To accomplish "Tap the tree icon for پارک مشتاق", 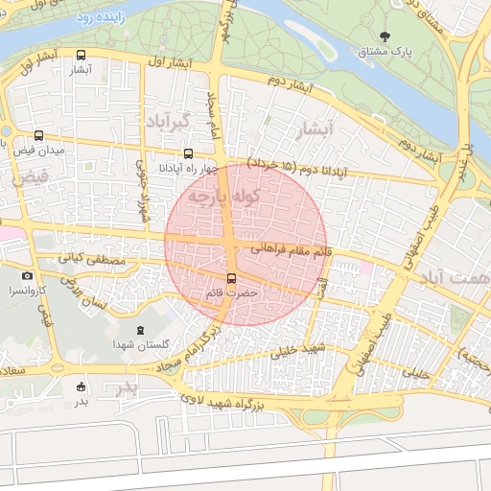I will pos(385,37).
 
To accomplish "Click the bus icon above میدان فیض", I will pos(38,136).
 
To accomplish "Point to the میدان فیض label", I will pos(38,152).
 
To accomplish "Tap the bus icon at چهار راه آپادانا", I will pos(188,153).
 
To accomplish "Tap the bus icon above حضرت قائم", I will pos(230,278).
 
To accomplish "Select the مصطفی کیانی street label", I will pos(92,259).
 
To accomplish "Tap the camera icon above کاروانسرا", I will pos(27,276).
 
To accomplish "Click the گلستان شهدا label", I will pos(141,344).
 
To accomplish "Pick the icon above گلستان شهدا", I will pos(142,330).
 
